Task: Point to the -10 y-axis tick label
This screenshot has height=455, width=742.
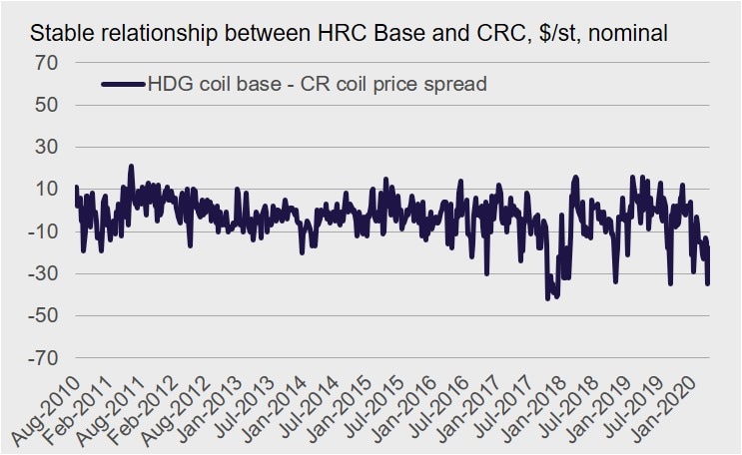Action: click(45, 231)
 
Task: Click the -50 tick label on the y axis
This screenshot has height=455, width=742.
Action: click(45, 315)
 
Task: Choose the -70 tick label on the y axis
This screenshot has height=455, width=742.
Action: click(45, 357)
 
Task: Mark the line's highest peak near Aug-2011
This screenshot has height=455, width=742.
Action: click(131, 166)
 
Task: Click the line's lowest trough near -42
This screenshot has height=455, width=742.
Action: click(547, 298)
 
